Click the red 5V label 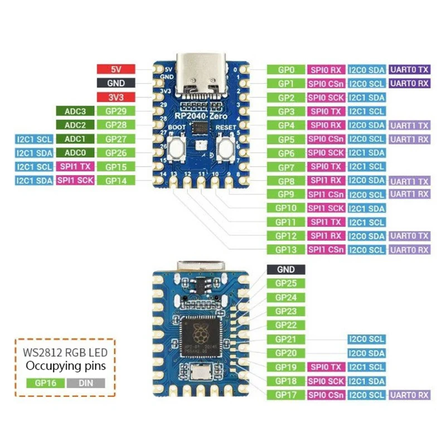point(115,70)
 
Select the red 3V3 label point(115,97)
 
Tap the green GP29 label point(115,111)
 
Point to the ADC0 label point(75,153)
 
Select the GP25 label point(286,283)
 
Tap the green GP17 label point(286,395)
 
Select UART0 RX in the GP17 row point(410,395)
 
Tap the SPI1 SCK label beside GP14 point(75,181)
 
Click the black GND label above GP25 point(286,269)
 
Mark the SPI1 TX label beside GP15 point(75,167)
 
